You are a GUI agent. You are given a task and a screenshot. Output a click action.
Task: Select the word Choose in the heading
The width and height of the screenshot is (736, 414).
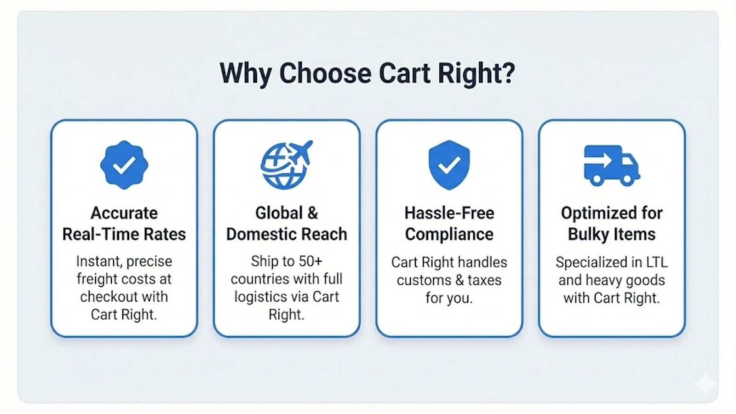(325, 73)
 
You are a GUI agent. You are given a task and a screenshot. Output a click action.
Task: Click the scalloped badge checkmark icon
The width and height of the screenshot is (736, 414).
(124, 165)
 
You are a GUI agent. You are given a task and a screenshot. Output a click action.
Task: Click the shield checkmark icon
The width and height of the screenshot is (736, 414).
(449, 165)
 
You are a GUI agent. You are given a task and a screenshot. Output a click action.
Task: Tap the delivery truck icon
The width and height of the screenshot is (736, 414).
(611, 166)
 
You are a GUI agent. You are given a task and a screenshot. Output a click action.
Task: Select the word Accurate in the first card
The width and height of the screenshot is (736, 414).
(124, 213)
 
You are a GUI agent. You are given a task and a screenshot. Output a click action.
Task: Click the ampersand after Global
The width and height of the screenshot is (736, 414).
(312, 213)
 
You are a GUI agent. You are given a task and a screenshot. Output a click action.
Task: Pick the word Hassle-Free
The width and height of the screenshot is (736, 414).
(449, 213)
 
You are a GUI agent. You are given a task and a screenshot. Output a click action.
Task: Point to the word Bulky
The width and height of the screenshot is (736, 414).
(588, 234)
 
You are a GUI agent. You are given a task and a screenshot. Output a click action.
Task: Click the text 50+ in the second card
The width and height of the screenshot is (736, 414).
(310, 261)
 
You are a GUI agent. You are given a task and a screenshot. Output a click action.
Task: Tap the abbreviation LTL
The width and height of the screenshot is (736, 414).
(657, 262)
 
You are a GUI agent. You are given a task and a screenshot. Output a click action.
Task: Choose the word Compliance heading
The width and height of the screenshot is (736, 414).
(449, 234)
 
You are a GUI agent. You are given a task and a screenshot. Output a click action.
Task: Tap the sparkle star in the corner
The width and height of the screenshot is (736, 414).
(706, 383)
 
